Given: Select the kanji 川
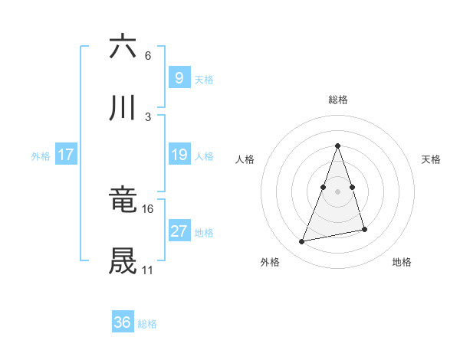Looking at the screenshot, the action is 123,110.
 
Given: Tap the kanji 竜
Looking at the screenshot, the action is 123,201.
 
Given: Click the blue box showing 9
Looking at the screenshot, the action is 179,77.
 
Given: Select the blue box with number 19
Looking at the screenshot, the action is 179,155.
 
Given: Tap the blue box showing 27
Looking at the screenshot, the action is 179,231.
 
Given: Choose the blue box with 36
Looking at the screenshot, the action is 123,322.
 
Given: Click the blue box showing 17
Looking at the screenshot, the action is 66,155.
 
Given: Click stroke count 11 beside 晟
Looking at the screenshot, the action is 147,270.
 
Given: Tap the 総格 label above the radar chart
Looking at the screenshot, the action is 338,100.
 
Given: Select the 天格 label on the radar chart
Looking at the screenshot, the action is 431,159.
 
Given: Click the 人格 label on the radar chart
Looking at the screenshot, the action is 245,159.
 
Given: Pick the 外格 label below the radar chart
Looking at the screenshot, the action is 270,262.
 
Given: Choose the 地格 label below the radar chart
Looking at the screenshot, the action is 402,262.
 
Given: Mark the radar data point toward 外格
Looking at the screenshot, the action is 302,242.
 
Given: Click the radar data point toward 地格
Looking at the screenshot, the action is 365,229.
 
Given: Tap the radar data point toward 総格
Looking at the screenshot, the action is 338,146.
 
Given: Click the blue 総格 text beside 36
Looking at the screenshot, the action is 147,324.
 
